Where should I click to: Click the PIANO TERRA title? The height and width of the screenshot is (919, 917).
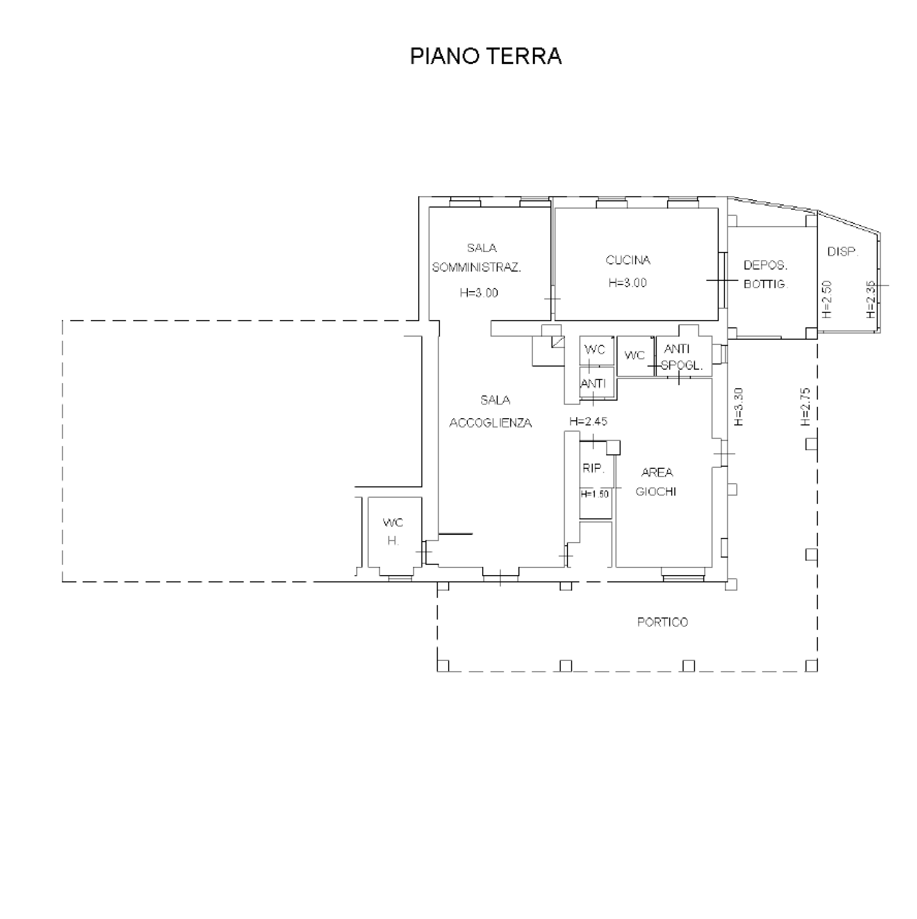485,56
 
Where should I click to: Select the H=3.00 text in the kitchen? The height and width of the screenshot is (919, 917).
628,283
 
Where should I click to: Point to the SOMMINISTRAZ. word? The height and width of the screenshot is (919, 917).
476,267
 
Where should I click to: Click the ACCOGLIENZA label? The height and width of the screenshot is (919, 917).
490,423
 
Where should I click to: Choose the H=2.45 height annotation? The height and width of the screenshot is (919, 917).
588,421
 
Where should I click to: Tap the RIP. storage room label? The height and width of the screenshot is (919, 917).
594,468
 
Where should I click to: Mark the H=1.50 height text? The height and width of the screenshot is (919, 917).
594,494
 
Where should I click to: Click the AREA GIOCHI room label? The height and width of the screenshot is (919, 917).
656,482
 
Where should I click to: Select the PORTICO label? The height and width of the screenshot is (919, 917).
662,622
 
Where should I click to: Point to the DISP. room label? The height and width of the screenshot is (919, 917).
842,252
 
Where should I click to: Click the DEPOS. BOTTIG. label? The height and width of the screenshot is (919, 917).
766,275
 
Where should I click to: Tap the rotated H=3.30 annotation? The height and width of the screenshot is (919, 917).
738,407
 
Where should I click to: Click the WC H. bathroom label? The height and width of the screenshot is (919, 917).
393,532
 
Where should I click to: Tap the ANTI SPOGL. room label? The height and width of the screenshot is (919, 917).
681,357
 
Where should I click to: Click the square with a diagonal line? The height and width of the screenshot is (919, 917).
558,341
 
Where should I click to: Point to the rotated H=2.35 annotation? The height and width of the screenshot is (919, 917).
870,300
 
